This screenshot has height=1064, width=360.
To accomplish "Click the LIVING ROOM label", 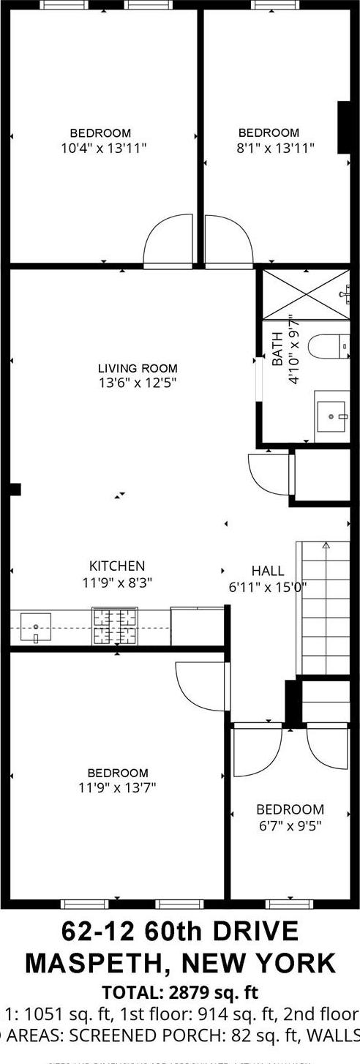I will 138,368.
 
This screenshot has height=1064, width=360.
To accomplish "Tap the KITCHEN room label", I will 117,566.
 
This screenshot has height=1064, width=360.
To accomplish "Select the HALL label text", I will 267,571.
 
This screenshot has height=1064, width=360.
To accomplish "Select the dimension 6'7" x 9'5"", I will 289,825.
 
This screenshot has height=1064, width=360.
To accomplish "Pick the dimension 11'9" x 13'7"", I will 117,787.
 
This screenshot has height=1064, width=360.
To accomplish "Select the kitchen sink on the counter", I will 36,627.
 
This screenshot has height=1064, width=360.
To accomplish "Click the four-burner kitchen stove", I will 115,627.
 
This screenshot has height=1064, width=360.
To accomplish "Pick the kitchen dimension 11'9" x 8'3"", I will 117,583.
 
